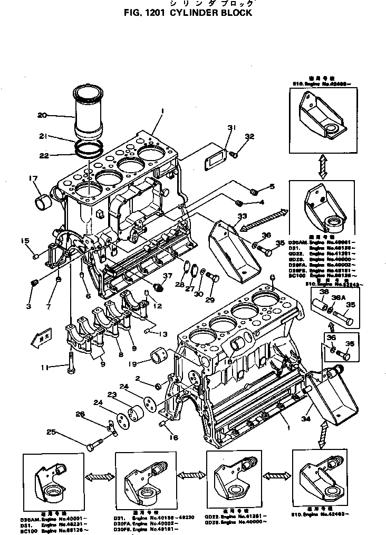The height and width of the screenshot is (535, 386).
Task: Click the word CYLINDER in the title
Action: tap(195, 12)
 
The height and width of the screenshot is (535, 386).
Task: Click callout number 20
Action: tap(43, 115)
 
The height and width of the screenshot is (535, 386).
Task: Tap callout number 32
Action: tap(249, 136)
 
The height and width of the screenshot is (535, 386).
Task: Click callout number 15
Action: tap(25, 241)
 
